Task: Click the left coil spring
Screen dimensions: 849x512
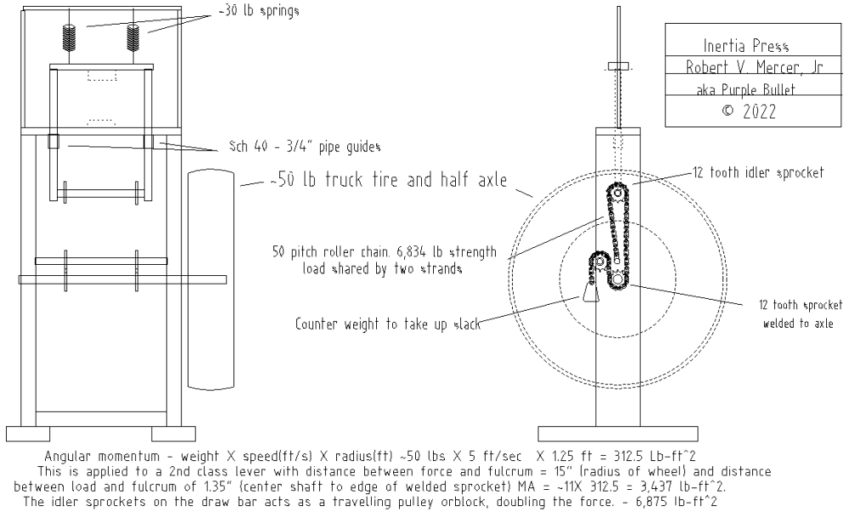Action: tap(70, 38)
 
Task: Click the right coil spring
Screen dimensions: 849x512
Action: tap(133, 38)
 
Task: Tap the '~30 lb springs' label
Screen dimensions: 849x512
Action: tap(259, 11)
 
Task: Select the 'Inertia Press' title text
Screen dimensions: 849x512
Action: tap(745, 46)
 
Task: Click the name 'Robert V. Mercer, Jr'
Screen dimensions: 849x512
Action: tap(754, 67)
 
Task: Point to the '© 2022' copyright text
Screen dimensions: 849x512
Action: tap(749, 111)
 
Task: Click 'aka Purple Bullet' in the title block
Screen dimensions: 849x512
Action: tap(745, 89)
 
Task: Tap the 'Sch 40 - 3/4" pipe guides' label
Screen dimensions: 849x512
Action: tap(305, 147)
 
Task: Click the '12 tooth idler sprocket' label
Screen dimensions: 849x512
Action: tap(758, 172)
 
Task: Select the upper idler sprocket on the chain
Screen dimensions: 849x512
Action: tap(617, 193)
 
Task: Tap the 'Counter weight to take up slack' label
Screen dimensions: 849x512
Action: tap(388, 324)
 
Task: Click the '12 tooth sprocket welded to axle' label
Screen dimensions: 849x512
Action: tap(800, 314)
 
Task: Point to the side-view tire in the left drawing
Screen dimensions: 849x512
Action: tap(211, 279)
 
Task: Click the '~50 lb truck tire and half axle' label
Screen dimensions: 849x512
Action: tap(389, 180)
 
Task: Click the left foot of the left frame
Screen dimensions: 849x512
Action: tap(28, 434)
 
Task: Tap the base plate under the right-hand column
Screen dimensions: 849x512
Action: tap(618, 434)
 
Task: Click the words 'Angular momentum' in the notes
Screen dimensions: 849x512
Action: tap(102, 456)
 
